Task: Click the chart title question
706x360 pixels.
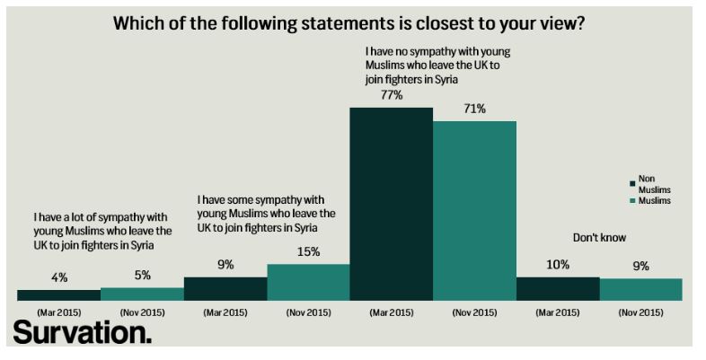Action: click(349, 24)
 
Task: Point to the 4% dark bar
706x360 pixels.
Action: click(58, 294)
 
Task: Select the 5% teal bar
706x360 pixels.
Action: click(142, 294)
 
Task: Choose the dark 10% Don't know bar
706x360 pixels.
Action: click(558, 287)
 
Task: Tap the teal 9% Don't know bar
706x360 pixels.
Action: click(640, 288)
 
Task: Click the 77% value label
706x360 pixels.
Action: click(391, 95)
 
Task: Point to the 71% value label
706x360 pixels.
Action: click(474, 110)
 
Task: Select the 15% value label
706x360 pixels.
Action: click(308, 252)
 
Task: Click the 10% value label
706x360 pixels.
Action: click(558, 265)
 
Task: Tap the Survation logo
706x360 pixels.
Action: click(82, 334)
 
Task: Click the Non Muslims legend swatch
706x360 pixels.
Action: click(633, 182)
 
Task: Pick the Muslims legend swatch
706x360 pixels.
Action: click(633, 201)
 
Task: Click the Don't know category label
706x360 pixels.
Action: click(599, 238)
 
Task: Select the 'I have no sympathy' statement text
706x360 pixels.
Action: click(437, 66)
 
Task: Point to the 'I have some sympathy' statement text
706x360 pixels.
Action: click(265, 213)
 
